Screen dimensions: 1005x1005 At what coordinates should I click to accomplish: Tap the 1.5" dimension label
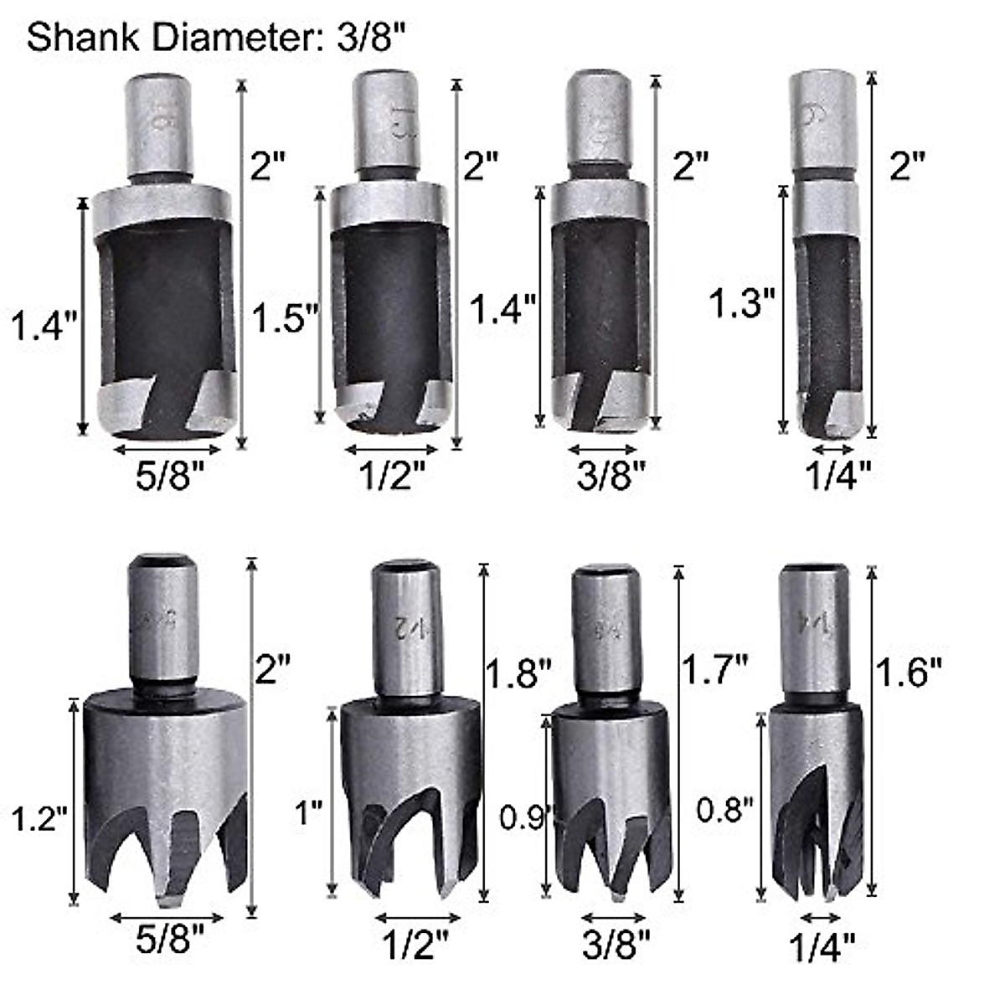pyautogui.click(x=286, y=318)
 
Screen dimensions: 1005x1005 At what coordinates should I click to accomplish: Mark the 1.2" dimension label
pyautogui.click(x=39, y=817)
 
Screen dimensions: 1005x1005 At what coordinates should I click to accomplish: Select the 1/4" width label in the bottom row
pyautogui.click(x=823, y=947)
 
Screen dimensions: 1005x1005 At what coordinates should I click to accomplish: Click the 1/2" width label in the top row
pyautogui.click(x=392, y=477)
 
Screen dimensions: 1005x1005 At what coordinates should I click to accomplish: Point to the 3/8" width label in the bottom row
pyautogui.click(x=616, y=947)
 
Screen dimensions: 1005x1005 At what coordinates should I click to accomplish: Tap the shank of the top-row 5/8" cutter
pyautogui.click(x=159, y=126)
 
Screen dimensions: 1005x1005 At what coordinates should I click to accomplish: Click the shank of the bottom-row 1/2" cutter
pyautogui.click(x=406, y=628)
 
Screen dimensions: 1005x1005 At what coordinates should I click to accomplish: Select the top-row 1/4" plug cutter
pyautogui.click(x=825, y=251)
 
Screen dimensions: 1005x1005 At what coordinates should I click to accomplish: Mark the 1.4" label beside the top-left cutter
pyautogui.click(x=44, y=324)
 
